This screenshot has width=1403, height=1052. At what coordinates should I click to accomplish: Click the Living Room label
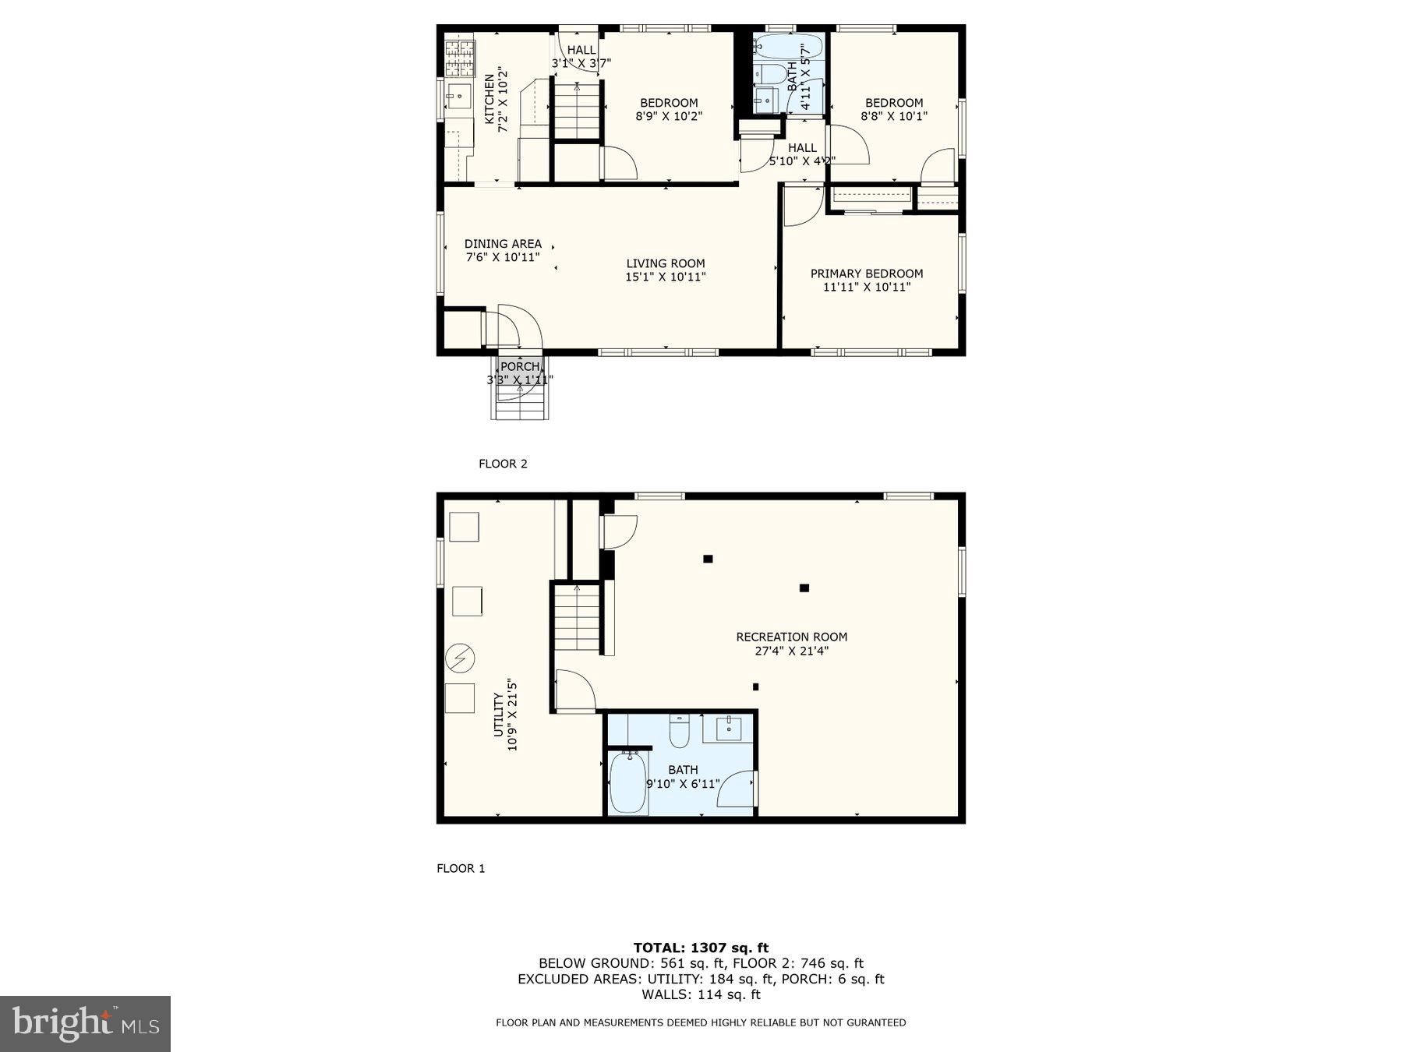pyautogui.click(x=665, y=263)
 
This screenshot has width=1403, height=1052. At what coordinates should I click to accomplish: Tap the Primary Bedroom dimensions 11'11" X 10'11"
pyautogui.click(x=866, y=287)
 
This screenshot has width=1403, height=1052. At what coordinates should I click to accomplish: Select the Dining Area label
pyautogui.click(x=503, y=244)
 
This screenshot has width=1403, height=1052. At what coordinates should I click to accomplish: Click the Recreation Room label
pyautogui.click(x=791, y=637)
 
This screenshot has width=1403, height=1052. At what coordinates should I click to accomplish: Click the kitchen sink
pyautogui.click(x=458, y=98)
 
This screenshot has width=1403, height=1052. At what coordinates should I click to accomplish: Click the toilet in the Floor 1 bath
pyautogui.click(x=679, y=732)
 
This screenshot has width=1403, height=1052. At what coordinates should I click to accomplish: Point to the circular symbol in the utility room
pyautogui.click(x=459, y=659)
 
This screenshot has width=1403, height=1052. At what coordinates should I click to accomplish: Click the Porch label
pyautogui.click(x=519, y=366)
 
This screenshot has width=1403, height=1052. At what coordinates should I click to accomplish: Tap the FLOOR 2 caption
pyautogui.click(x=503, y=464)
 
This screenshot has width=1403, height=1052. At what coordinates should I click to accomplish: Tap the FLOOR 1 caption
pyautogui.click(x=461, y=868)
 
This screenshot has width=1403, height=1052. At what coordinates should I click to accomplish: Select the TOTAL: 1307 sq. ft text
pyautogui.click(x=701, y=948)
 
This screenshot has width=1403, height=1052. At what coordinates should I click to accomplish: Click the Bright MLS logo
pyautogui.click(x=85, y=1023)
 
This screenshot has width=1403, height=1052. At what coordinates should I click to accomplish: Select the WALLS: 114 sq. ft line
pyautogui.click(x=701, y=994)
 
